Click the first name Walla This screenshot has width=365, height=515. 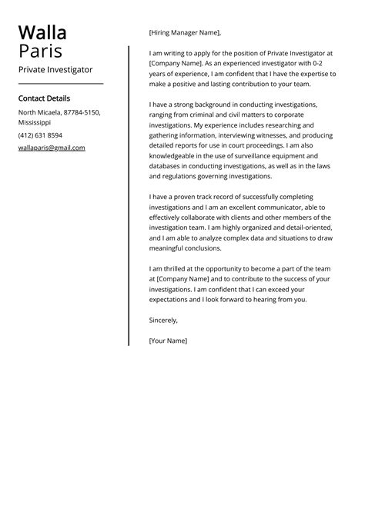point(42,32)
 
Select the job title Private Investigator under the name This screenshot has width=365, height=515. point(55,69)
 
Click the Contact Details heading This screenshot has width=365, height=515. point(44,98)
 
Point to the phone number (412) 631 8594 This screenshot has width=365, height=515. point(40,135)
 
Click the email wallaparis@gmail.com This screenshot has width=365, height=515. point(52,148)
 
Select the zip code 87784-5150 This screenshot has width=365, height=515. point(81,112)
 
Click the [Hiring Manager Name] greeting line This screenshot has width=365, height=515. point(185,33)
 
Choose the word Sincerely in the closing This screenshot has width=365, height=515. point(163,320)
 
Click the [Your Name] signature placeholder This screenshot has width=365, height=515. point(168,341)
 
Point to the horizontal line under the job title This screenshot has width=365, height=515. point(60,83)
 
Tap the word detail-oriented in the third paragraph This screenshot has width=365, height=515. point(304,228)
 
